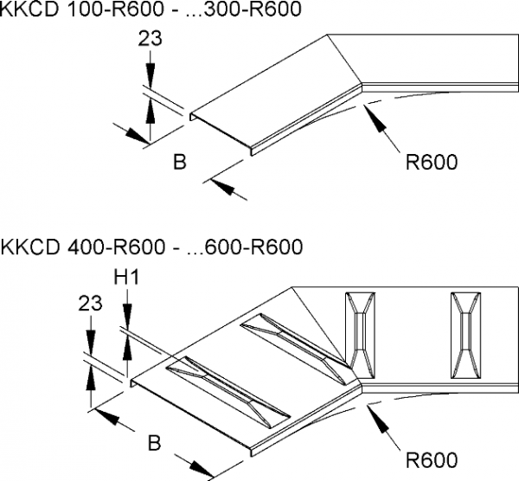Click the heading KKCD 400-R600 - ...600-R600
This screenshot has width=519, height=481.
(x=151, y=247)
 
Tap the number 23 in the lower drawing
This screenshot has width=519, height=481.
(x=89, y=304)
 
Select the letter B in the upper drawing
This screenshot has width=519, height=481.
(x=180, y=161)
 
